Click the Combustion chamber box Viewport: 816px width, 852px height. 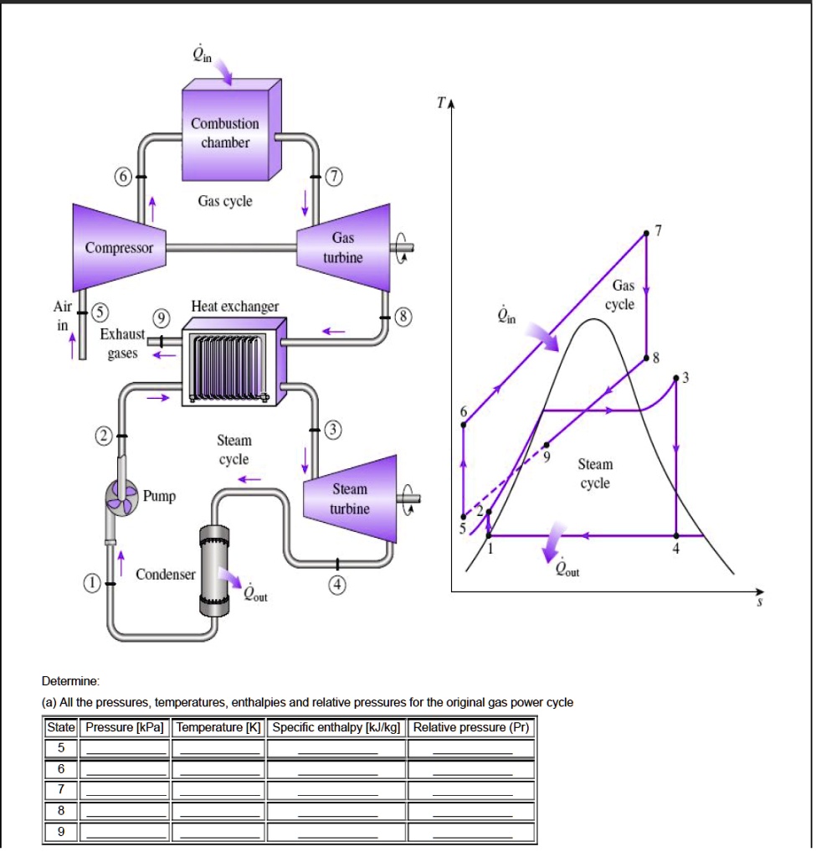pyautogui.click(x=225, y=134)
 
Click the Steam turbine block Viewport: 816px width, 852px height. pyautogui.click(x=351, y=498)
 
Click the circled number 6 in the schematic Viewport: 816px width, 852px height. pyautogui.click(x=123, y=177)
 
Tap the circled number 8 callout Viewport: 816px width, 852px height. pyautogui.click(x=404, y=317)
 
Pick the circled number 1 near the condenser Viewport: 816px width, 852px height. pyautogui.click(x=94, y=581)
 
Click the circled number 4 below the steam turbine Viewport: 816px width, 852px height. pyautogui.click(x=337, y=585)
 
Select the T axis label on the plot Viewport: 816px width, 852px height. pyautogui.click(x=440, y=103)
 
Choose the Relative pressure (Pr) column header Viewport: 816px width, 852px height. pyautogui.click(x=471, y=727)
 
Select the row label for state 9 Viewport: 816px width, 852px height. pyautogui.click(x=60, y=832)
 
